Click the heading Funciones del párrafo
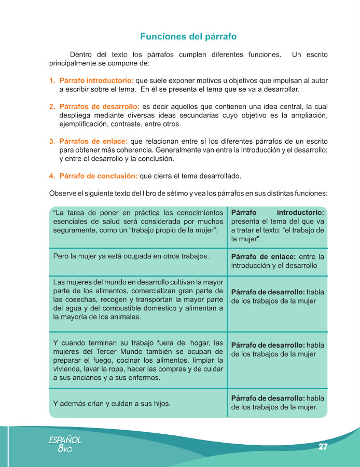(188, 37)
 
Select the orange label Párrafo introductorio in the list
(96, 81)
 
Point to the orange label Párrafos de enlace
(93, 141)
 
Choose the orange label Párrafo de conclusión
(99, 176)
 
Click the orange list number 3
(52, 141)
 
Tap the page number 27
(323, 447)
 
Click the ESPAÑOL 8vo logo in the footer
(65, 444)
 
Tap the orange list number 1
(52, 81)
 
